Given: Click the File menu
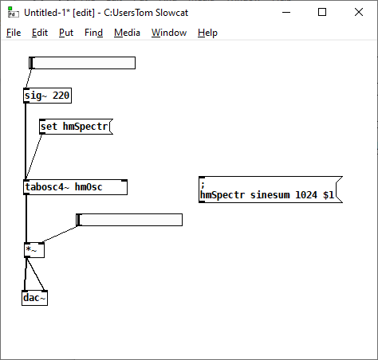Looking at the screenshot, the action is [14, 33].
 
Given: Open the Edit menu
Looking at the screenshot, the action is [40, 33].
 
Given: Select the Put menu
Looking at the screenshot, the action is [66, 33].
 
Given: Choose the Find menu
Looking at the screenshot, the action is [93, 33].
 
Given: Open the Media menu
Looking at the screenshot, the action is [127, 33].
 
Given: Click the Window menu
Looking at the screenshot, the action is [169, 33].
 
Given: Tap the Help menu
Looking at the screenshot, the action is [207, 33].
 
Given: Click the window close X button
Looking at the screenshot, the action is [359, 12].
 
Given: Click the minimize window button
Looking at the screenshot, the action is [286, 12].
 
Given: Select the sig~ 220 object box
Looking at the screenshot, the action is [47, 96].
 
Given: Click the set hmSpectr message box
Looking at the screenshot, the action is [76, 127].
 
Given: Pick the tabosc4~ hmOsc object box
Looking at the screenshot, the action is [76, 187].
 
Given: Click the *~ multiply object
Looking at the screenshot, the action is [34, 250].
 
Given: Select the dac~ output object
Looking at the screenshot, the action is [34, 298].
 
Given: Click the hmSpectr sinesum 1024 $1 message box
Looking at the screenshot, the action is [270, 190].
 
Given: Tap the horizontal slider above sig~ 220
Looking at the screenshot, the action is [82, 63].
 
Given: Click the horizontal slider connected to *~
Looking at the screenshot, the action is [129, 220].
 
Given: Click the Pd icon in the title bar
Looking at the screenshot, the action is [14, 12].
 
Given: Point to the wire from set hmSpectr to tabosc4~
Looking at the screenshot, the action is [33, 157].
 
